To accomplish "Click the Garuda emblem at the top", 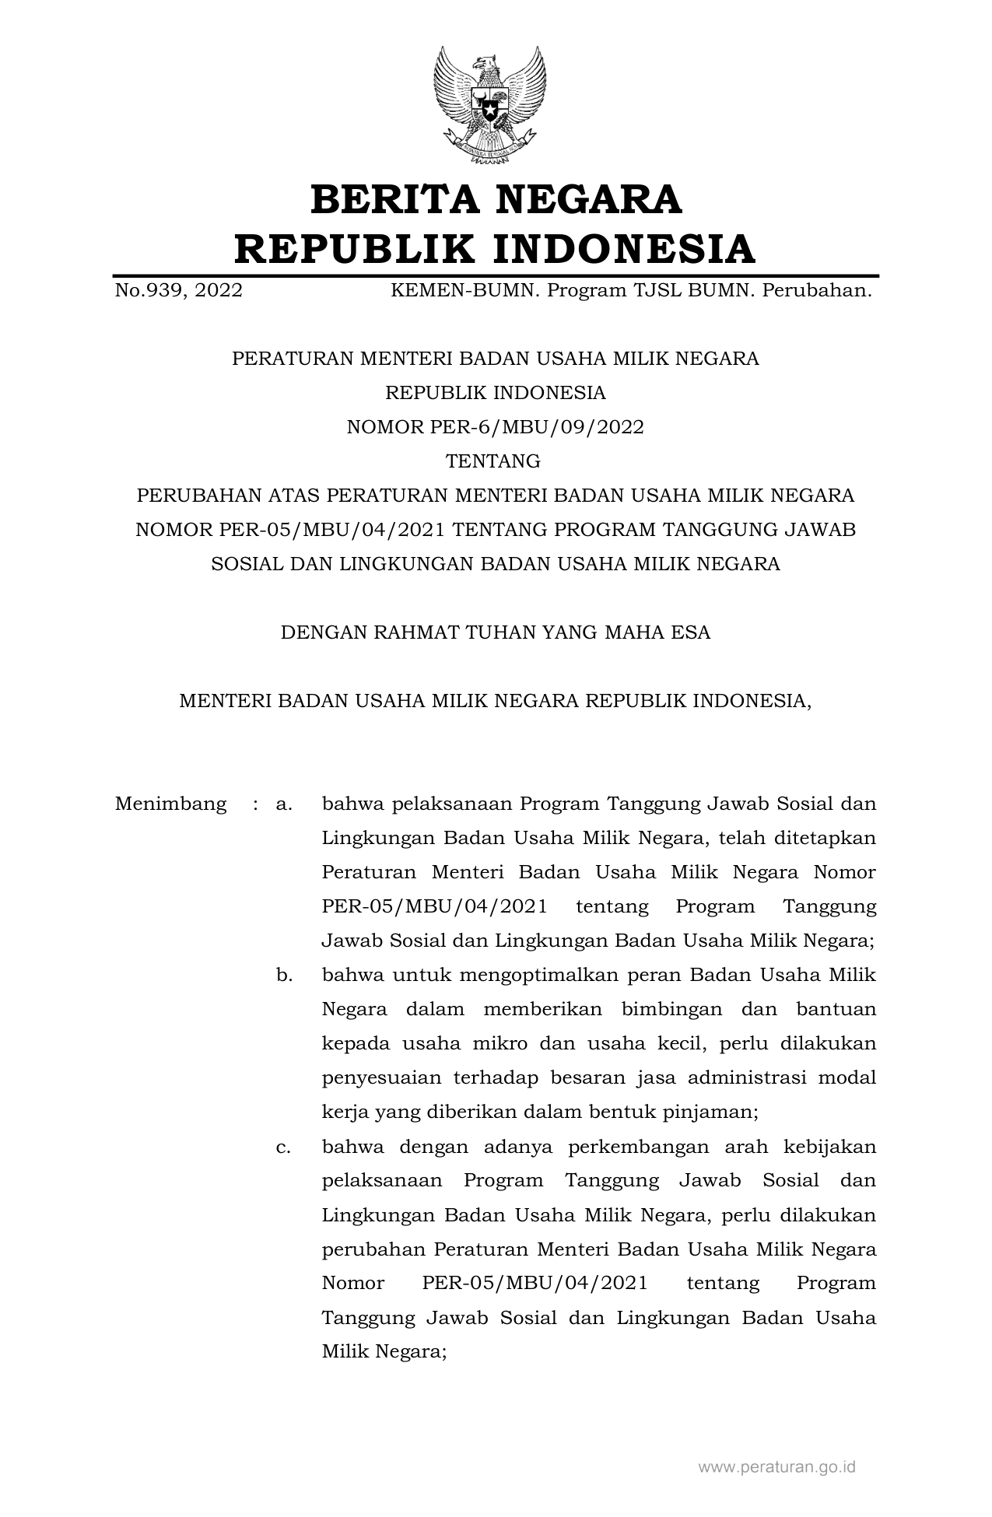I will pos(489,104).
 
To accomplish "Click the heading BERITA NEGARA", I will pos(496,199).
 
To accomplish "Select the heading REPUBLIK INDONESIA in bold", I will pos(496,249).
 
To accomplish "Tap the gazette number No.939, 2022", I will pos(178,291).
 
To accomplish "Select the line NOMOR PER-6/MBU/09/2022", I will pos(495,427).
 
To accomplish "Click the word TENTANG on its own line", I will pos(492,461).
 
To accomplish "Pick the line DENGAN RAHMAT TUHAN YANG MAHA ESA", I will pos(495,632).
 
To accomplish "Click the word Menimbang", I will pos(170,804).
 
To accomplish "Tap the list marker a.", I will pos(283,804).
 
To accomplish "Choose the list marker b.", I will pos(283,975).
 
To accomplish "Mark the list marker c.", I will pos(283,1146).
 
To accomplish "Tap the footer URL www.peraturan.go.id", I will pos(776,1467).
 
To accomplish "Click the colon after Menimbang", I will pos(255,804).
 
